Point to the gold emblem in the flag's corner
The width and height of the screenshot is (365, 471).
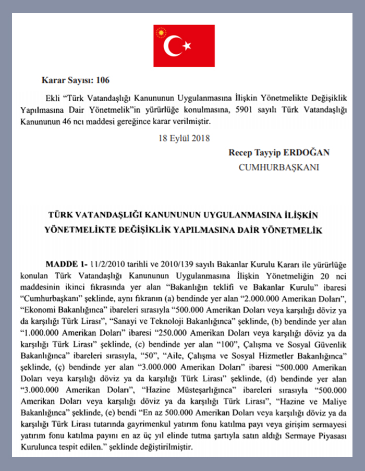(x=161, y=32)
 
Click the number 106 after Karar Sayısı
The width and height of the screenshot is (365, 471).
(x=103, y=80)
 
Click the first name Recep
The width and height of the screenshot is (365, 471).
(x=239, y=153)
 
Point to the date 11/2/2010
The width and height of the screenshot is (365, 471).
(x=108, y=264)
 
